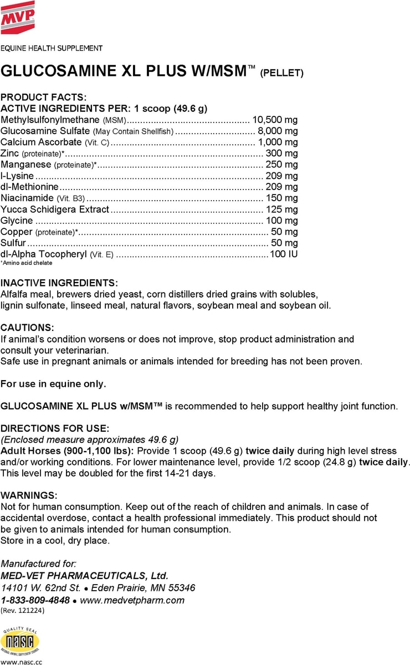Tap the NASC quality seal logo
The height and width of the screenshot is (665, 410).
20,642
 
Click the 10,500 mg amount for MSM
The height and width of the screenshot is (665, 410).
275,120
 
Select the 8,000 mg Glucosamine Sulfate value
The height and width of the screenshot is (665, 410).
278,131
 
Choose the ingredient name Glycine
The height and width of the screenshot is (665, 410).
17,221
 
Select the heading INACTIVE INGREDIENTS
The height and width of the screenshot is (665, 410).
59,283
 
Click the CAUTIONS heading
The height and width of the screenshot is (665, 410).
27,328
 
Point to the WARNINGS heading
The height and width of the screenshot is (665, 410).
28,495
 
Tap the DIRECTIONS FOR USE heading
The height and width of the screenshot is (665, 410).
54,428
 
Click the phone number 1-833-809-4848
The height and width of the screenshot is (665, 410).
35,600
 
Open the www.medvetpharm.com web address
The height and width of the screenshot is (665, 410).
132,600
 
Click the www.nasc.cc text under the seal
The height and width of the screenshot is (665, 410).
21,661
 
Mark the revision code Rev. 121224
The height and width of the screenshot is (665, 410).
22,611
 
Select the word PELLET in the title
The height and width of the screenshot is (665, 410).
281,73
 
